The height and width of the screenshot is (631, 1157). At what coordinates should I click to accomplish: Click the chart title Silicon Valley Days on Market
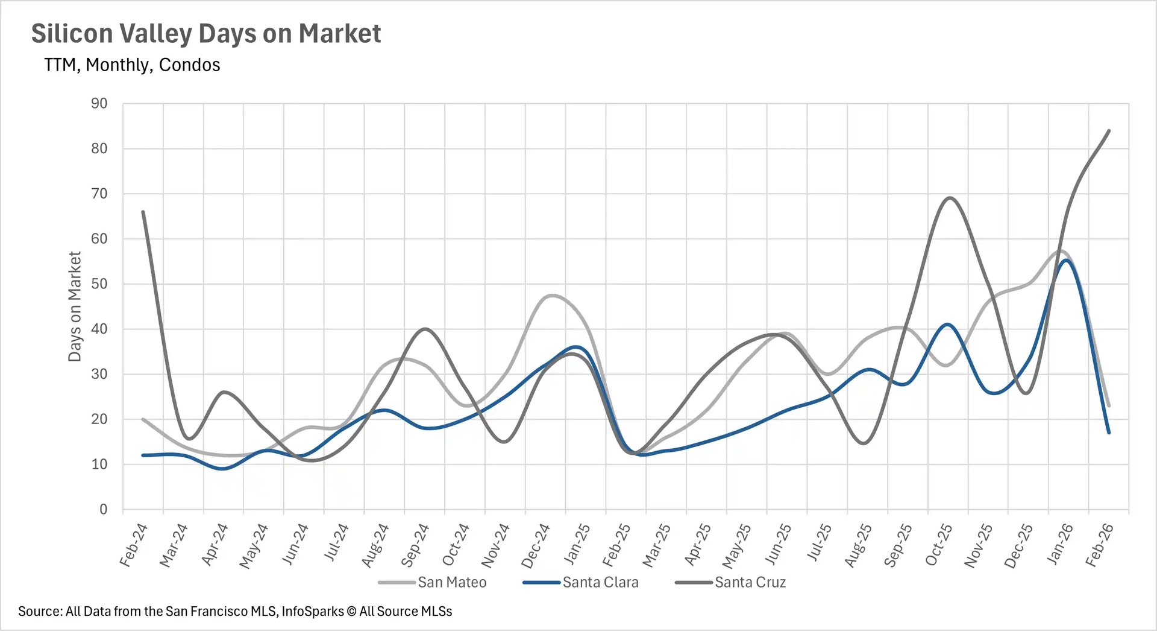coord(205,34)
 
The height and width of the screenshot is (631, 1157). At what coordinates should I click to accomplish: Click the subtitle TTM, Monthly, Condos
coord(132,65)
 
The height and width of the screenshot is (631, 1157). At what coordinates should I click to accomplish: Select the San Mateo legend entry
coord(452,583)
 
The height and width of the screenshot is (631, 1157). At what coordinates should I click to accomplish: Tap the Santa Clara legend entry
coord(600,583)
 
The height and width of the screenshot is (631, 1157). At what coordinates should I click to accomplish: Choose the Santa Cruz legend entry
coord(750,583)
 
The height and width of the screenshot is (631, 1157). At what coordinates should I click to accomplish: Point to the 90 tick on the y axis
coord(99,104)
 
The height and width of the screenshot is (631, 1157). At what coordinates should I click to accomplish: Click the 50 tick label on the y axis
coord(99,284)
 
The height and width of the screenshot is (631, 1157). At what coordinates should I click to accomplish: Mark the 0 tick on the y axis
coord(103,510)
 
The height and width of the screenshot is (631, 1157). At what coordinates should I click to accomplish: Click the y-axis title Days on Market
coord(75,306)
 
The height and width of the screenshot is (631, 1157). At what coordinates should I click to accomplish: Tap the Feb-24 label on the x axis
coord(134,545)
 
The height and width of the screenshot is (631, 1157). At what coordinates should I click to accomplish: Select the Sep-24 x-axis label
coord(415,545)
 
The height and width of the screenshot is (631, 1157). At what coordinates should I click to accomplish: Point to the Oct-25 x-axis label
coord(939,545)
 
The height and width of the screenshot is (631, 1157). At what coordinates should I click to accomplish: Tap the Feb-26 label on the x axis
coord(1100,545)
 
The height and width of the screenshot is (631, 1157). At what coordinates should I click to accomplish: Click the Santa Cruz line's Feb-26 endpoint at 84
coord(1109,131)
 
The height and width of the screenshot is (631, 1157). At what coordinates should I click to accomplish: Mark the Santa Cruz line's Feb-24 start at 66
coord(143,212)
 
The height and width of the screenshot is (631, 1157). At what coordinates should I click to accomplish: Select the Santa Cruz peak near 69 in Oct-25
coord(949,198)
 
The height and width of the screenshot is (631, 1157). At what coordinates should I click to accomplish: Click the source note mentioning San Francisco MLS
coord(235,612)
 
